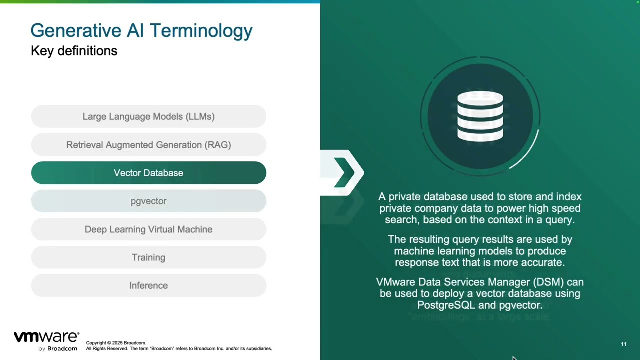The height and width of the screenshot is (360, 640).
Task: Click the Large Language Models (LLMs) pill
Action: tap(148, 116)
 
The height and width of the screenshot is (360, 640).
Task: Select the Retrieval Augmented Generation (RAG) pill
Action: tap(148, 145)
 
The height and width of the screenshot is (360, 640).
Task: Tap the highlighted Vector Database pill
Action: tap(148, 173)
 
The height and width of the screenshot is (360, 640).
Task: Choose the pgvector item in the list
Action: tap(148, 201)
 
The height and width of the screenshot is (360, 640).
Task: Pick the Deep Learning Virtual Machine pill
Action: tap(148, 229)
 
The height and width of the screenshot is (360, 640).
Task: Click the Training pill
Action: tap(148, 257)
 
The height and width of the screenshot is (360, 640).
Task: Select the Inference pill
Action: tap(148, 285)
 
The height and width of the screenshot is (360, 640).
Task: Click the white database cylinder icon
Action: tap(480, 116)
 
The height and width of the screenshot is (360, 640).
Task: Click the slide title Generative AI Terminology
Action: tap(141, 30)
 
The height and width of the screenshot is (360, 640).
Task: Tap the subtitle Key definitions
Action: tap(74, 51)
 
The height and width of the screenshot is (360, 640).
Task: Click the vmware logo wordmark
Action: tap(46, 337)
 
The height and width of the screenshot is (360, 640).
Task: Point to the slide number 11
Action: tap(623, 344)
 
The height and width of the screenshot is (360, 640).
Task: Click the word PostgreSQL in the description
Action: tap(446, 305)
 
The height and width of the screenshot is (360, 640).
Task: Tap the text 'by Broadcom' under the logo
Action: tap(58, 348)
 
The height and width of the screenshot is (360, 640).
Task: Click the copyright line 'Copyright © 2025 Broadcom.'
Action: tap(116, 343)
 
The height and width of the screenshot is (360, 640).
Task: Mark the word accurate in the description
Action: tap(542, 262)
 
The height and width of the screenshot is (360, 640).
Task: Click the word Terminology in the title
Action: tap(201, 30)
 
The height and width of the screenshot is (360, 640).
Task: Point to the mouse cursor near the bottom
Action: tap(513, 358)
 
